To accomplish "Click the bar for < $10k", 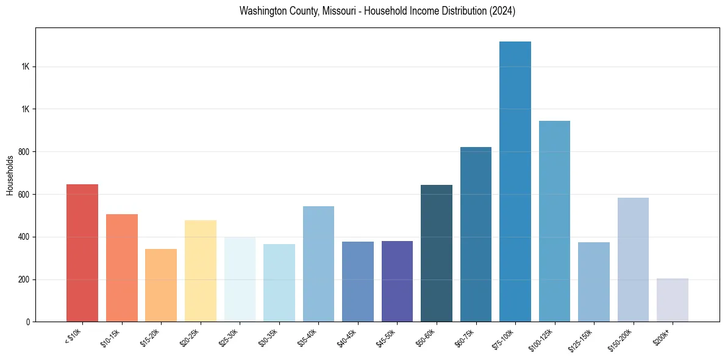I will tap(82, 253).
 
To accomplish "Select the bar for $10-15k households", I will tap(122, 268).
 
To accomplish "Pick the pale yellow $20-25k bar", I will tap(201, 271).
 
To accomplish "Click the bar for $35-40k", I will tap(318, 264).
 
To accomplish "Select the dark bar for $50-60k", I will tap(437, 253).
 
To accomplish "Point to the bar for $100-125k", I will tap(554, 221).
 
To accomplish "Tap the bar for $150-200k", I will tap(633, 259).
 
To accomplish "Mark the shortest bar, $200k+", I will tap(673, 300).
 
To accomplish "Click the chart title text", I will tap(377, 12).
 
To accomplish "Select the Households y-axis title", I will tap(10, 175).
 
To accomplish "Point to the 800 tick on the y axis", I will tap(24, 152).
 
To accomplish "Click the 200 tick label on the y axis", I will tap(24, 279).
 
